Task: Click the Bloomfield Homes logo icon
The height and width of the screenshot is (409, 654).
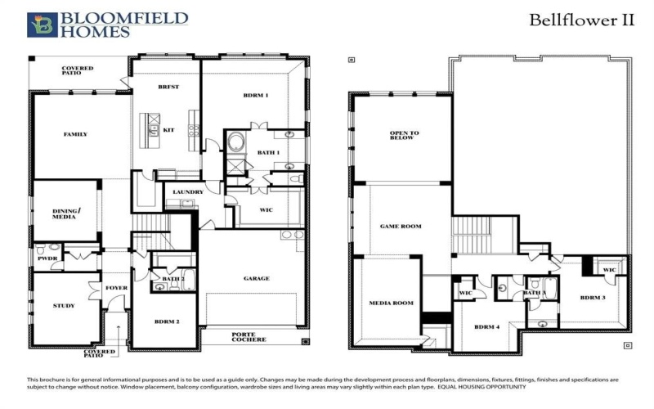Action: pos(43,25)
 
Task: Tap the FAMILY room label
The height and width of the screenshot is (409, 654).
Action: pos(75,134)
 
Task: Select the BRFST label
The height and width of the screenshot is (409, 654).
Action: pos(168,87)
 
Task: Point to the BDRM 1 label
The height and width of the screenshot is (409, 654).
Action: pos(256,96)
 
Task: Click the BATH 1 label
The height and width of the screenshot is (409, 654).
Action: pos(268,152)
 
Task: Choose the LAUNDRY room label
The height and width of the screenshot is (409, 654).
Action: pos(188,193)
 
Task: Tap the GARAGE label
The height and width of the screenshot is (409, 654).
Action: pos(256,278)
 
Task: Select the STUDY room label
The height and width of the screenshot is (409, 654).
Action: pos(64,306)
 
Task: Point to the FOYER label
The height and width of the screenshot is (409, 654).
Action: pos(115,288)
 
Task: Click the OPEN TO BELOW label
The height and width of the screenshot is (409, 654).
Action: pos(404,136)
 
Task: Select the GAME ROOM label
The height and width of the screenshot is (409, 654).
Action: pos(401,227)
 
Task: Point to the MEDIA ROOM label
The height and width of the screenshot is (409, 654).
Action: pos(392,303)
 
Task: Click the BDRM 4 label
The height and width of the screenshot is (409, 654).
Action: pos(487,328)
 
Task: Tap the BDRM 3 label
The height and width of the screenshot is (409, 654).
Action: pos(593,297)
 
